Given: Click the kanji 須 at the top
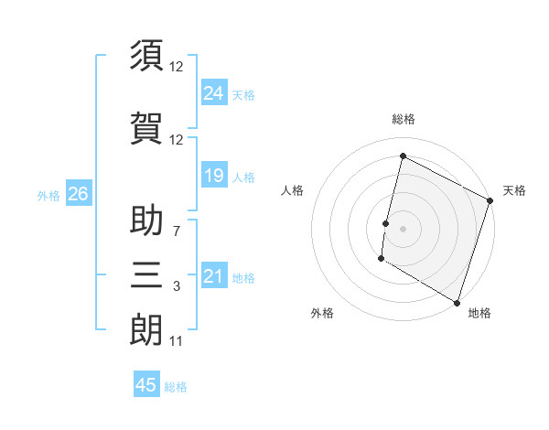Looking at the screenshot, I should pos(147,56).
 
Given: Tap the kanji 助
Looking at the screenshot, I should pos(147,220).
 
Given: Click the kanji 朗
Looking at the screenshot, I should pos(147,329).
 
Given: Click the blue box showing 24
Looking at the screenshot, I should pos(213,92).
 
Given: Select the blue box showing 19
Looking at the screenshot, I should pos(213,175).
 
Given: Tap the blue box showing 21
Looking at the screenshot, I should pos(213,276).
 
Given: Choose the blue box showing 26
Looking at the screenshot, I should pos(78,194).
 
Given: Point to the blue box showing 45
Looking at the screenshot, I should pos(146,385).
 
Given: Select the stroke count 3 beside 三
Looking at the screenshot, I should pos(176,287).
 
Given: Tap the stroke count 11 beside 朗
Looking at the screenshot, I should pos(176,342).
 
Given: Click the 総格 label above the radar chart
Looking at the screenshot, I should pos(404,120).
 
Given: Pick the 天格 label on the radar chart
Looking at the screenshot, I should pos(514,190).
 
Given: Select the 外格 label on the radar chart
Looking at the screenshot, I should pos(322,313).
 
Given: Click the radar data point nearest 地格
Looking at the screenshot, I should pos(457,302).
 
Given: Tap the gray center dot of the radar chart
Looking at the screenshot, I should pos(403,228).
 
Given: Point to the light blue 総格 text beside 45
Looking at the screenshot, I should pos(176,387).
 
